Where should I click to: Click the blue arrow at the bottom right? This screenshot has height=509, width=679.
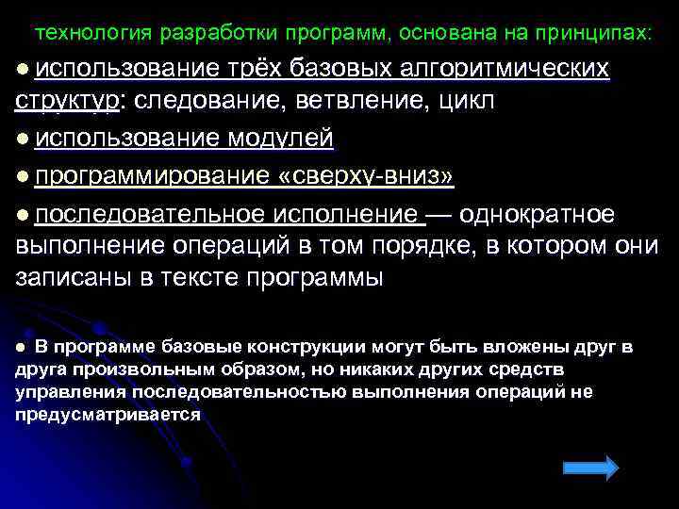[589, 468]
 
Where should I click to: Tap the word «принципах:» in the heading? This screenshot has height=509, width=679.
[593, 34]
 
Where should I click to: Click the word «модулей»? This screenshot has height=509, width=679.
[279, 139]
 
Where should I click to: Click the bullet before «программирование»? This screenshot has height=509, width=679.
[23, 177]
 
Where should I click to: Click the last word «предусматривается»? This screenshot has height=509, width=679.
[108, 414]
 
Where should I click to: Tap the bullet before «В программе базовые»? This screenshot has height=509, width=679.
[21, 348]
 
